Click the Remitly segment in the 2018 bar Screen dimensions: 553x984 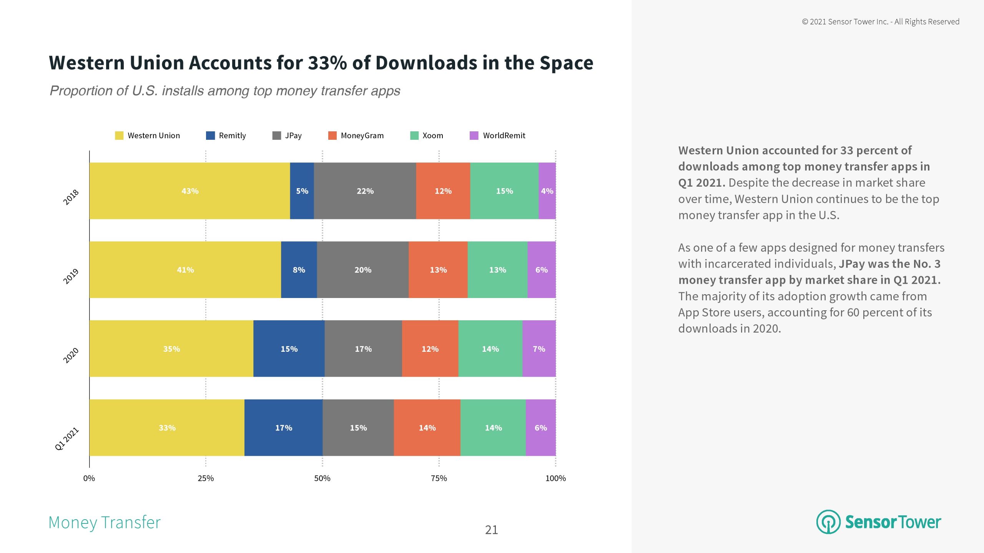point(302,191)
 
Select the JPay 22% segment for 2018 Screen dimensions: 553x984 point(365,191)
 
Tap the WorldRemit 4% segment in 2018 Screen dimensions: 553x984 point(547,191)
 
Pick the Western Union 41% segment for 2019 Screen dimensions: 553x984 point(185,270)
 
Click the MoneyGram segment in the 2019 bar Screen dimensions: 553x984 point(438,270)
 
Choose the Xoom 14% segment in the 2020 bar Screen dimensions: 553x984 point(490,349)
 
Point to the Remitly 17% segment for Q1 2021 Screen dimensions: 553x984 point(283,427)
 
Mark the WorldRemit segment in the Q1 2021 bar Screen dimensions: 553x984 point(540,427)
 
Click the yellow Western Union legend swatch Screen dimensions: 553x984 point(119,136)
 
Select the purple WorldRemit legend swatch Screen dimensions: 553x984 point(474,136)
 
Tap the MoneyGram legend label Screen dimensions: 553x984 point(362,136)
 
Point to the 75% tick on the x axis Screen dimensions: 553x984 point(439,478)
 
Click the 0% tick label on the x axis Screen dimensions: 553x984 point(89,478)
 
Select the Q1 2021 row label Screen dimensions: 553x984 point(67,439)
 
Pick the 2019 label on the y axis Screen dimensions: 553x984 point(71,276)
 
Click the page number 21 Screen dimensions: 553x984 point(491,530)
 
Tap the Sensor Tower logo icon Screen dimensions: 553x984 point(828,522)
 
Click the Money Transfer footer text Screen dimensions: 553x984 point(105,523)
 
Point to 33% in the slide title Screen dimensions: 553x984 point(327,63)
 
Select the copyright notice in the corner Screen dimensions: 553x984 point(881,22)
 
